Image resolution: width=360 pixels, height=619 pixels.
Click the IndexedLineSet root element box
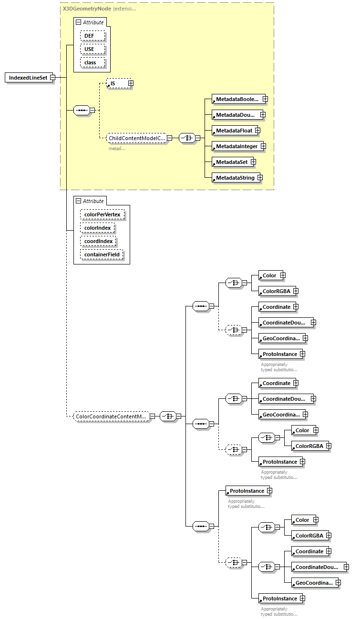pos(28,78)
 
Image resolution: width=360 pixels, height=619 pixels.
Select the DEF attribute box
pos(90,36)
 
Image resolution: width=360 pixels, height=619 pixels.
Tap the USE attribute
pos(90,49)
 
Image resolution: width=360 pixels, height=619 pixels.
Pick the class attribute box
pos(90,62)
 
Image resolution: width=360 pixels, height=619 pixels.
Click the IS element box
pos(116,83)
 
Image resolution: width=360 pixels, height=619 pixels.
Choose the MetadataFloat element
pos(233,130)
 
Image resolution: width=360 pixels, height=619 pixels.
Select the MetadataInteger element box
pos(235,146)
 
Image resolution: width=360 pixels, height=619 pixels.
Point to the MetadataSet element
pos(231,162)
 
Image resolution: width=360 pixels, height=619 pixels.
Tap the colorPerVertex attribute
pos(103,214)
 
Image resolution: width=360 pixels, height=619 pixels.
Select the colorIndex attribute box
pos(98,228)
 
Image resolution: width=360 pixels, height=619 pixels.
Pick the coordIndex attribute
pos(99,241)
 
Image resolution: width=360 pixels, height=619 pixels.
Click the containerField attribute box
pos(102,254)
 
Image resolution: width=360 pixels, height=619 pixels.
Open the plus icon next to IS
pos(130,83)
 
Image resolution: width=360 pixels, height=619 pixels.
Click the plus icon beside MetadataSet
pos(254,162)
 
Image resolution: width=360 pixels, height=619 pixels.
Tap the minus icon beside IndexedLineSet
pos(52,78)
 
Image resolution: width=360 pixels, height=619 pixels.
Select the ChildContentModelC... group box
pos(136,138)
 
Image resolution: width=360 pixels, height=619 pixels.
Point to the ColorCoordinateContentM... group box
pos(111,416)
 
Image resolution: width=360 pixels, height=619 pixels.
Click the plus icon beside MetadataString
pos(260,178)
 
